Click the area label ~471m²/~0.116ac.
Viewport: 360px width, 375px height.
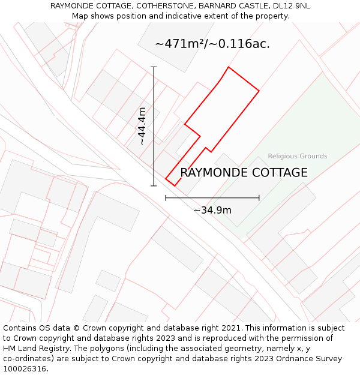click(x=212, y=44)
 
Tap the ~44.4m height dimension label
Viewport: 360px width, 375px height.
click(x=142, y=126)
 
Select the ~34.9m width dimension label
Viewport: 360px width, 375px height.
click(x=212, y=210)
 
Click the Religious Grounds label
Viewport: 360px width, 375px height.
click(x=298, y=156)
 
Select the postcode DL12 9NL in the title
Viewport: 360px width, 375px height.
click(x=290, y=6)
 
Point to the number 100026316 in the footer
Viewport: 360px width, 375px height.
click(x=26, y=369)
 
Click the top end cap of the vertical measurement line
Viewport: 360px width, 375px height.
click(x=154, y=67)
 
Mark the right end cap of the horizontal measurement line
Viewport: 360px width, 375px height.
click(x=259, y=197)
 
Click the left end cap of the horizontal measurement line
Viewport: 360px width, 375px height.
click(x=166, y=197)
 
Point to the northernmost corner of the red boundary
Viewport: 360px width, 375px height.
click(x=229, y=67)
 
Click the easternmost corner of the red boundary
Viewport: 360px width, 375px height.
click(x=259, y=91)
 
